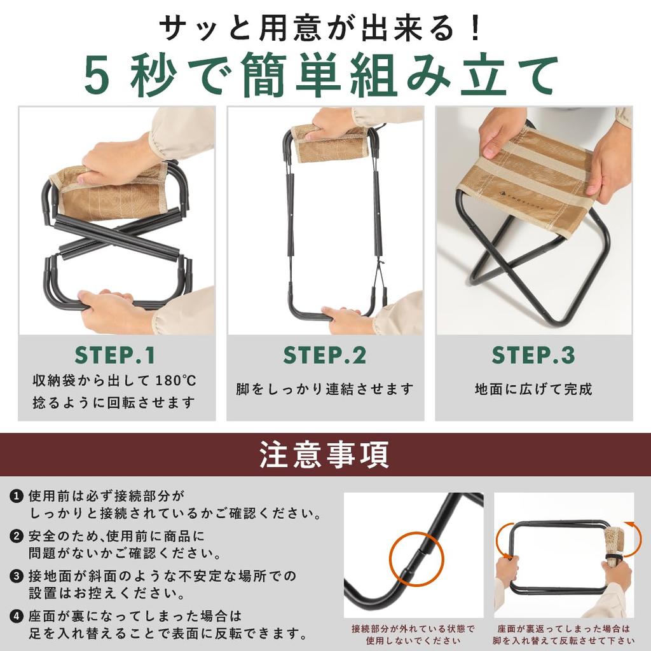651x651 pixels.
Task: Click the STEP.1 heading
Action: point(115,355)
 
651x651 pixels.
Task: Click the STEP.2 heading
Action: point(325,355)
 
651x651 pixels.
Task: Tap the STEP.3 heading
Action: point(533,355)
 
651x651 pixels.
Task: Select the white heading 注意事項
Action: point(324,455)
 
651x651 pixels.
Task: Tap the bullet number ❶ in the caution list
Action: point(16,496)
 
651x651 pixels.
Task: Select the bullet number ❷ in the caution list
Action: point(16,536)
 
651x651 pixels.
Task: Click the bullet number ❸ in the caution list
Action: point(16,576)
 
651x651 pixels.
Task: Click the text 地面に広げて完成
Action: point(533,390)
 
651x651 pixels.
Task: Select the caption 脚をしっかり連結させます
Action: point(325,390)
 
